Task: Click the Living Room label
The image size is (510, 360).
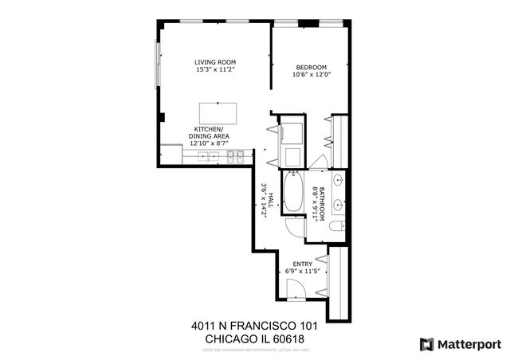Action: point(216,62)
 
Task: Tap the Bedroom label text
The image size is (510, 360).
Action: point(312,68)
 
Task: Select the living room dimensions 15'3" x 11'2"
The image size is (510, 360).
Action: point(216,70)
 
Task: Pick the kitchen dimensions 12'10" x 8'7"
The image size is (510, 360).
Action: point(209,143)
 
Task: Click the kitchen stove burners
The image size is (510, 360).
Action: point(236,157)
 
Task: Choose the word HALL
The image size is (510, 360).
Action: point(271,196)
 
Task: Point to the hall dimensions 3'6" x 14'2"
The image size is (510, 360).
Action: point(263,196)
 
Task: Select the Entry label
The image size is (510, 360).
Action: point(302,264)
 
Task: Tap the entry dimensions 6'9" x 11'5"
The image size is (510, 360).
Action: point(302,272)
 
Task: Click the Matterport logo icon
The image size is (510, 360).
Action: point(427,344)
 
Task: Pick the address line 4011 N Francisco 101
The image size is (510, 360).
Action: point(249,326)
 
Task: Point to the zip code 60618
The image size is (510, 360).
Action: point(288,338)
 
